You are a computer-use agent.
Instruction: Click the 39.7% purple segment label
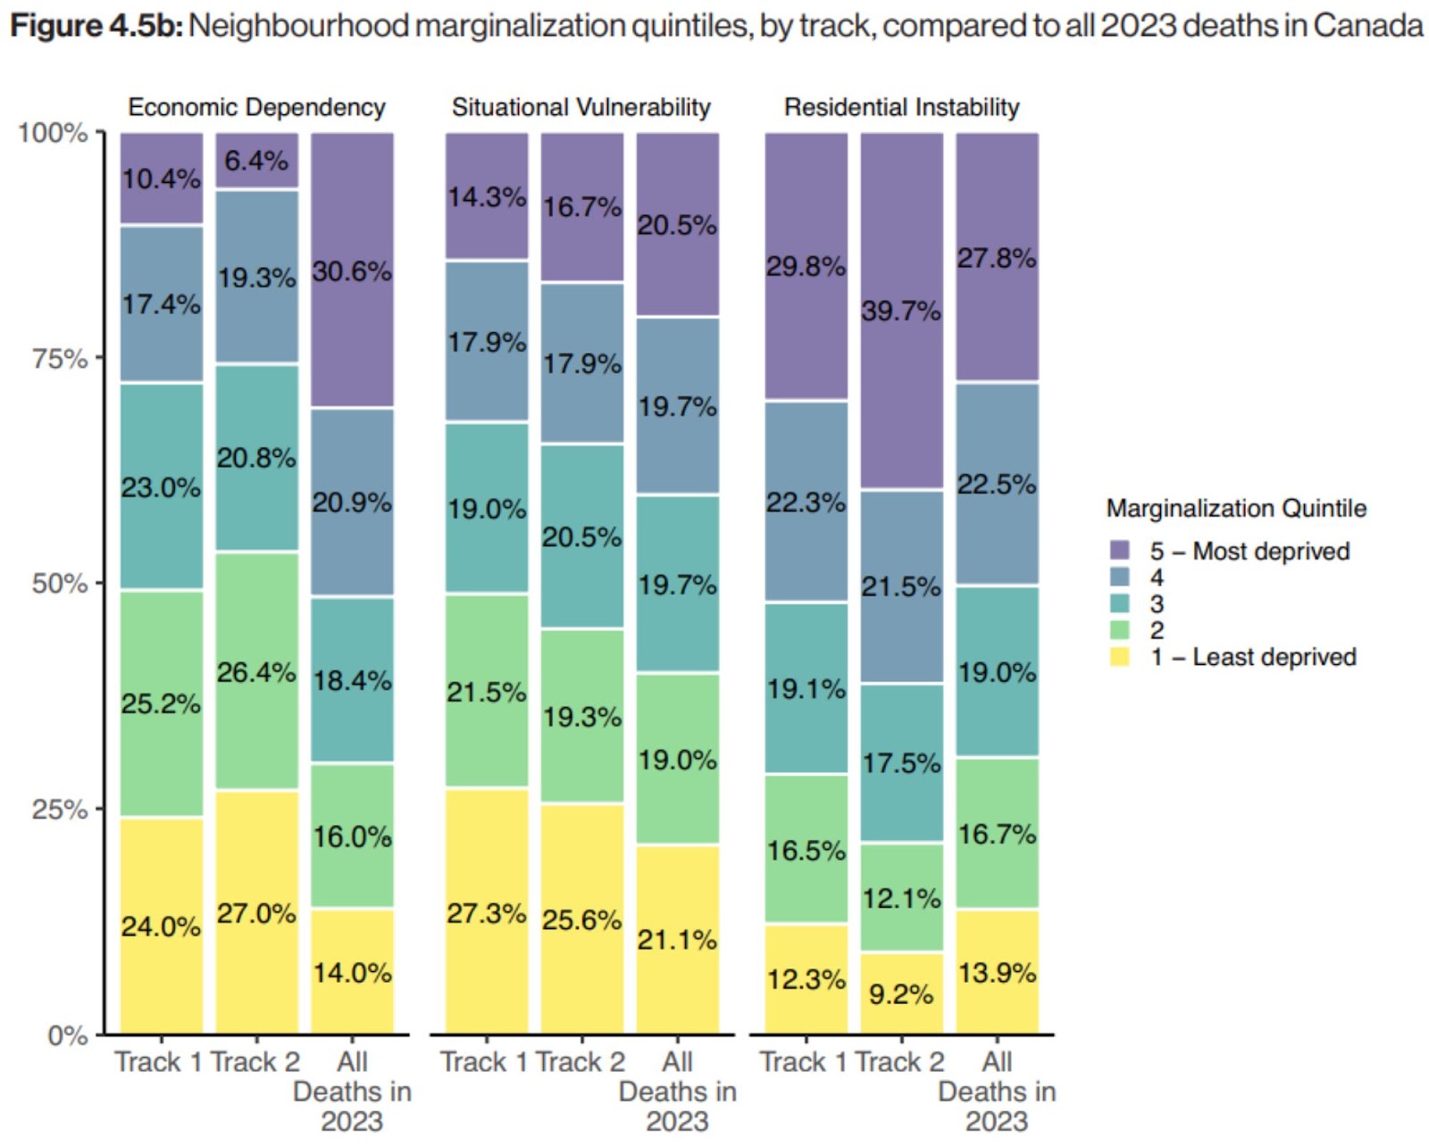coord(900,311)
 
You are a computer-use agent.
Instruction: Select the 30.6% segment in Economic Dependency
coord(352,271)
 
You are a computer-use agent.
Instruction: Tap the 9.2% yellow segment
coord(900,993)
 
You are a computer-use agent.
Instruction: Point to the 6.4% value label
coord(256,161)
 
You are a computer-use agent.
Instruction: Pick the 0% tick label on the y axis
coord(67,1035)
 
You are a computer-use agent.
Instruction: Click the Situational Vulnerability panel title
coord(581,107)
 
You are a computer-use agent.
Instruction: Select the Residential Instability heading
coord(901,107)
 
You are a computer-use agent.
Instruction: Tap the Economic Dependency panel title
coord(256,107)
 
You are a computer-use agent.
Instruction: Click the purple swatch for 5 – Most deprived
coord(1119,550)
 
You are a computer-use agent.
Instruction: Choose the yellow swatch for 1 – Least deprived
coord(1119,657)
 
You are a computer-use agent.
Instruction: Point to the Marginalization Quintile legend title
coord(1236,508)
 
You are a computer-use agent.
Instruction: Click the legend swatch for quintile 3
coord(1119,603)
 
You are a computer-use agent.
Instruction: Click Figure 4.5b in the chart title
coord(96,25)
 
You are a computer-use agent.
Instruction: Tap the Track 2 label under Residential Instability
coord(899,1062)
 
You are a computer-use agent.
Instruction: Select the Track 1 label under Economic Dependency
coord(158,1062)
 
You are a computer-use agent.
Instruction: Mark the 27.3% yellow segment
coord(486,913)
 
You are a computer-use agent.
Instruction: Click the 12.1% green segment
coord(900,898)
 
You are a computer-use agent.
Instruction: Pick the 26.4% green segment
coord(256,672)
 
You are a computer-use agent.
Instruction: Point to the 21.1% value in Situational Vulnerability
coord(676,939)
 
